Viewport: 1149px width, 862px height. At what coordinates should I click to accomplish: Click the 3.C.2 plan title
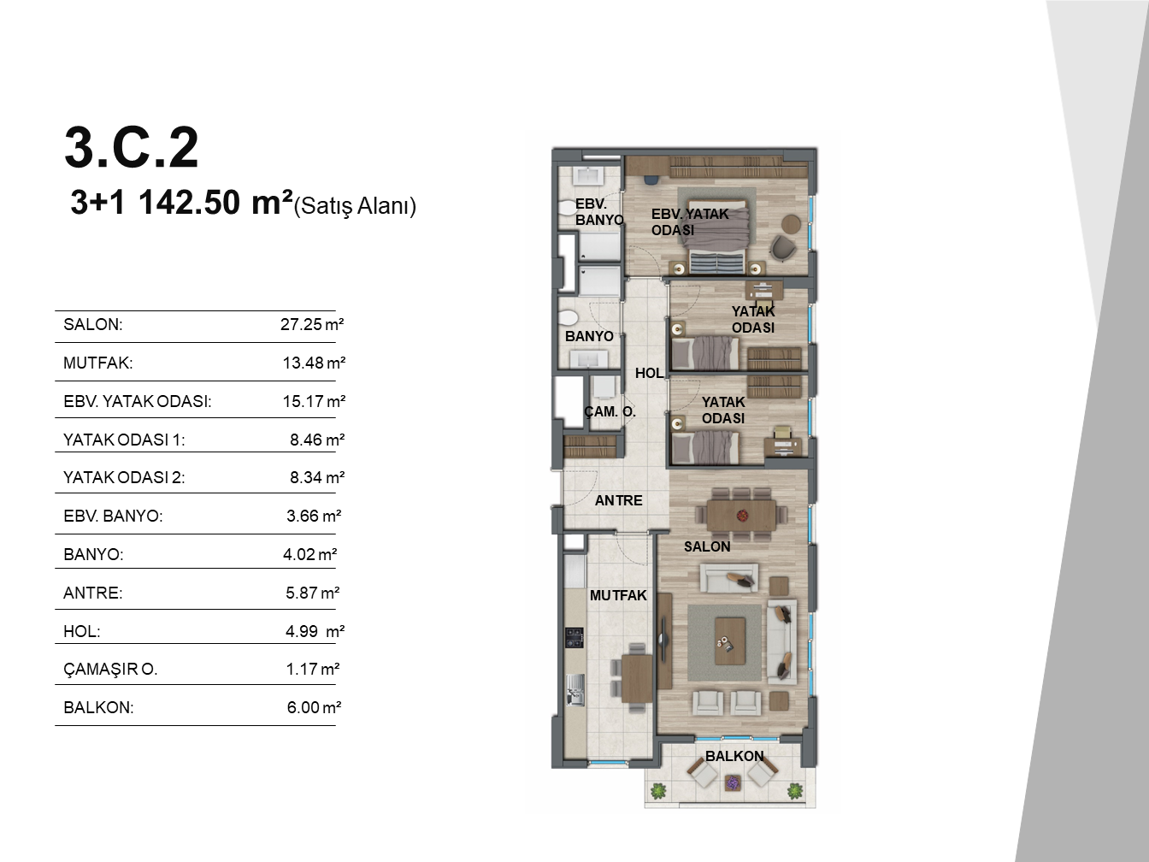click(x=132, y=147)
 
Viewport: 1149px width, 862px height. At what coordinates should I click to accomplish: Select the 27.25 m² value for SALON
click(x=312, y=324)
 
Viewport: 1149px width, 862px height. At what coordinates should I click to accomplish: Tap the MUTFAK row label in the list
click(x=98, y=363)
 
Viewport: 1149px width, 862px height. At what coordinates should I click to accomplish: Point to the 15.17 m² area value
click(x=314, y=401)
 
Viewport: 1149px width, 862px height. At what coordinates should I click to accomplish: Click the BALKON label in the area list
click(x=98, y=707)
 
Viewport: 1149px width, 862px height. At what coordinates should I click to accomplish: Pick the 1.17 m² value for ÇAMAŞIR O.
click(x=313, y=669)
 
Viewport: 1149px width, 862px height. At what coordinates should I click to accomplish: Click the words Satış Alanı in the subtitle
click(x=355, y=206)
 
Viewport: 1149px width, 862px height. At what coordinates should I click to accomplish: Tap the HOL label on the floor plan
click(x=649, y=373)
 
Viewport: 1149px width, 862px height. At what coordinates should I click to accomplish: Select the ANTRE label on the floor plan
click(x=619, y=500)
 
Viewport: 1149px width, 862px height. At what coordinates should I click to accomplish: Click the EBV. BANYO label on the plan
click(x=599, y=212)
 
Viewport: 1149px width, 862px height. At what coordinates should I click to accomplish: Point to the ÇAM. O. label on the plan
click(x=610, y=412)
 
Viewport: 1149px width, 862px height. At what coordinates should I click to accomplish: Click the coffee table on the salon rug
click(x=730, y=641)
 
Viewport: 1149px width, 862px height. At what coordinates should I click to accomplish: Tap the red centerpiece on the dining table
click(x=742, y=516)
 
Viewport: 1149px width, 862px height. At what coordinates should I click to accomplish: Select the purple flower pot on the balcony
click(x=733, y=783)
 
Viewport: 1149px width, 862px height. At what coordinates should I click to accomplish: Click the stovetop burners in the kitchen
click(x=574, y=638)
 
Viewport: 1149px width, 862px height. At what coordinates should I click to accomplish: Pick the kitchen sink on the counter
click(x=574, y=689)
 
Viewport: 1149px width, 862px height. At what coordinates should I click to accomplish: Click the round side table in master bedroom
click(x=791, y=224)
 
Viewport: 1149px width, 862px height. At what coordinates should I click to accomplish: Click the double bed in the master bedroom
click(x=717, y=235)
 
